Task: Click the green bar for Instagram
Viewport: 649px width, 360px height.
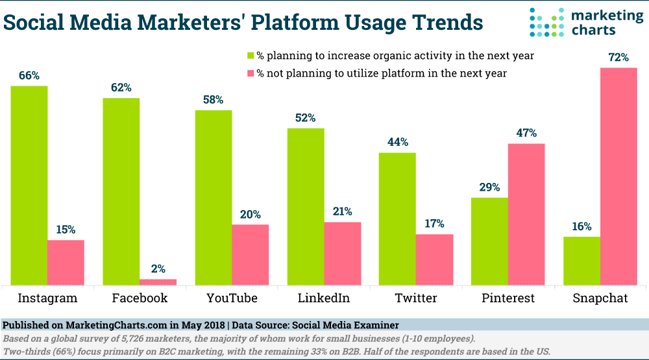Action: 29,185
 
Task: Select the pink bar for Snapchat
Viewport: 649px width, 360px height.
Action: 618,176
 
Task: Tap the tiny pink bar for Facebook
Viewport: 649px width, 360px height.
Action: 158,282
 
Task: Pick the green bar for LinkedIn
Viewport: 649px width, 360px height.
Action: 306,206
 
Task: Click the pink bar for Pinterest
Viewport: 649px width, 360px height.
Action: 526,214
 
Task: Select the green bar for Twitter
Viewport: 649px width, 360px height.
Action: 398,219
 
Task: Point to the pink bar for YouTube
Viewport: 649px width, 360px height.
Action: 251,254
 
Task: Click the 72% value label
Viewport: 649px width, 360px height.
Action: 618,58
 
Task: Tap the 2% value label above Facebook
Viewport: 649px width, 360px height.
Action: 158,269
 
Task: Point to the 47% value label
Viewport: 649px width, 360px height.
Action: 526,133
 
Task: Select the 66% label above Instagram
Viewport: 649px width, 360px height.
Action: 29,75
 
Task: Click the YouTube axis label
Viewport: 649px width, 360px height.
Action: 232,298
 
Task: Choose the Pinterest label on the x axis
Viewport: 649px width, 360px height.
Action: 508,298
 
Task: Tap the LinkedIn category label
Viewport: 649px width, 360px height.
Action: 324,298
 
